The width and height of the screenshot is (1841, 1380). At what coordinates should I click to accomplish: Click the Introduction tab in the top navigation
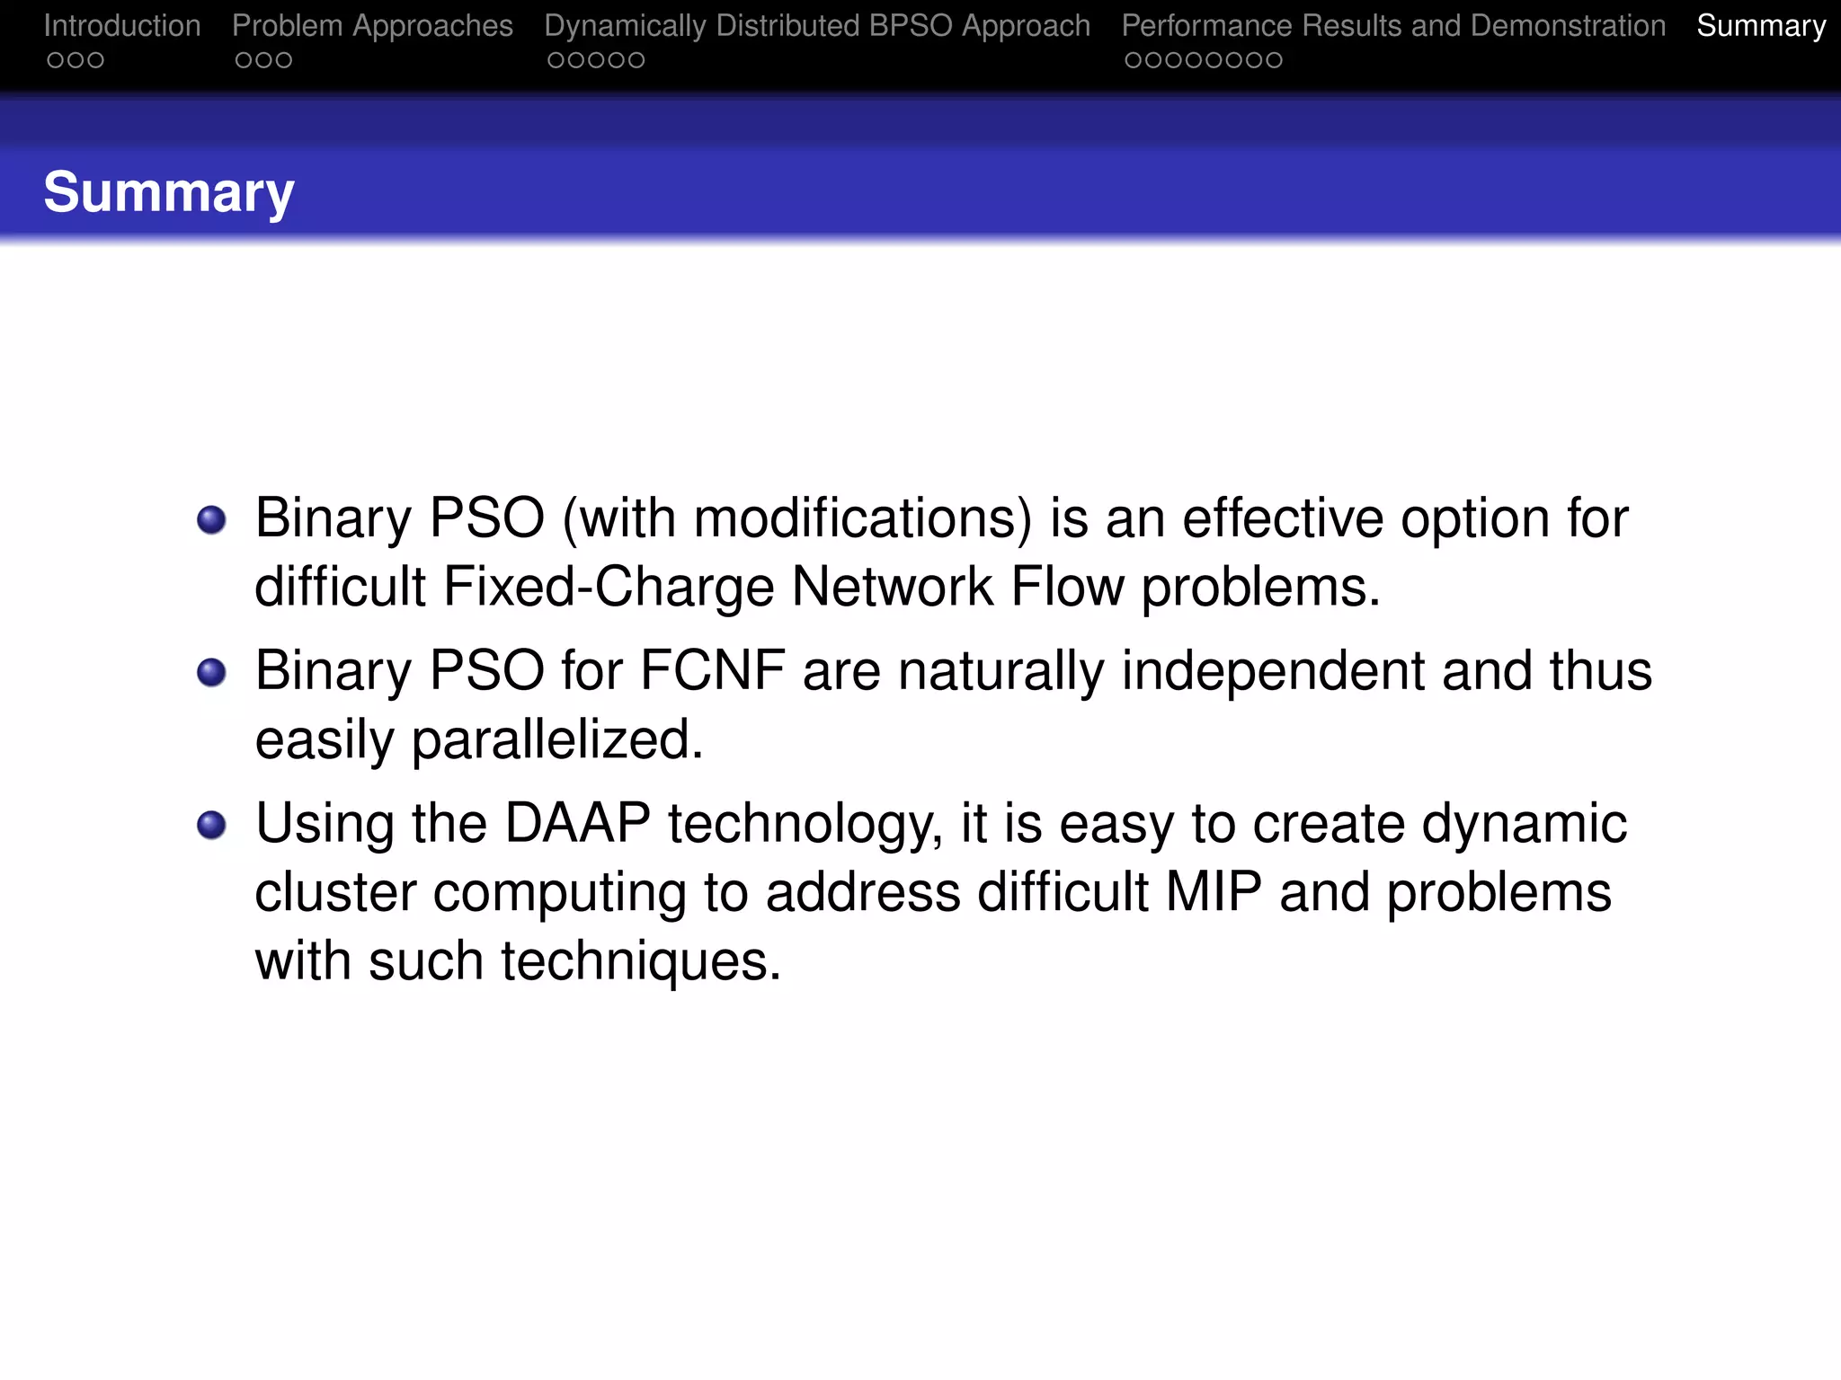point(122,26)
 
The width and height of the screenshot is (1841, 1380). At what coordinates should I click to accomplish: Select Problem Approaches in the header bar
point(372,26)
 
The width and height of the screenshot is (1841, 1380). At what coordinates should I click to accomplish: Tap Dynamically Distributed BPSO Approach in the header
point(817,26)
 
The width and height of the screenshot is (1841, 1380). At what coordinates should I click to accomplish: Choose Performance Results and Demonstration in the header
point(1393,26)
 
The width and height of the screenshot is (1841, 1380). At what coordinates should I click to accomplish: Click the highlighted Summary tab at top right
point(1760,26)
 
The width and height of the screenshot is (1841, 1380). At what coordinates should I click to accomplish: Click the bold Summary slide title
point(169,192)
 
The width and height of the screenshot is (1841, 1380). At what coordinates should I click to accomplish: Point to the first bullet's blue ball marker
point(211,519)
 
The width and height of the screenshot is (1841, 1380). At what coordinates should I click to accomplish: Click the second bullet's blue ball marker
point(211,672)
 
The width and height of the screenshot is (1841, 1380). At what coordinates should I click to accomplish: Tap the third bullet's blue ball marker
point(211,824)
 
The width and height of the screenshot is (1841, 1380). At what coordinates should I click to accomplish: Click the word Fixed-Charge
point(609,587)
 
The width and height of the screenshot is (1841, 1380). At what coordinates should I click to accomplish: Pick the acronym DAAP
point(577,823)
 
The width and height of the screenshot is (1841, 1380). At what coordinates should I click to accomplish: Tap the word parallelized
point(556,740)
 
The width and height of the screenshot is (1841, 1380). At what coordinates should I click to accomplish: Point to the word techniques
point(640,960)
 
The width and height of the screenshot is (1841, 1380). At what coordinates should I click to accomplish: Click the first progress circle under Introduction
point(56,60)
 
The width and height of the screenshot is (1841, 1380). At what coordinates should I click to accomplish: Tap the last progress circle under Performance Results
point(1273,60)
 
